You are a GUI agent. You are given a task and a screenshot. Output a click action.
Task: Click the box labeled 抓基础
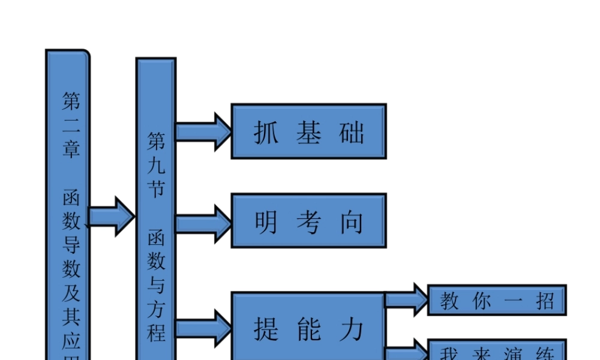(x=308, y=131)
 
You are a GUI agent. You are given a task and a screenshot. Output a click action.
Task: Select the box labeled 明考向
(x=308, y=221)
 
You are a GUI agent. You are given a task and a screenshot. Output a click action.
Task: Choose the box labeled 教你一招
(x=496, y=300)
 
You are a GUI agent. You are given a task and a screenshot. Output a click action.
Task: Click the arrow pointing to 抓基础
(x=203, y=131)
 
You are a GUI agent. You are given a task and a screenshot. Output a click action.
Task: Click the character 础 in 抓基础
(x=352, y=133)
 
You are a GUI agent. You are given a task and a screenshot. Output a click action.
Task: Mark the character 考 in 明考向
(x=308, y=222)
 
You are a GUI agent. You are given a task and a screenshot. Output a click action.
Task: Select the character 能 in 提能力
(x=308, y=329)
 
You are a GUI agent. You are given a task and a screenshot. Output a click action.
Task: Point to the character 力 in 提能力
(x=352, y=329)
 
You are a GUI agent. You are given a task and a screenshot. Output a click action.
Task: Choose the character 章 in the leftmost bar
(x=71, y=148)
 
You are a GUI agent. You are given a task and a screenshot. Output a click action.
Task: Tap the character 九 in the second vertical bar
(x=156, y=166)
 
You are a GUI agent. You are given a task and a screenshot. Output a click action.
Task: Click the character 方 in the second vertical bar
(x=156, y=308)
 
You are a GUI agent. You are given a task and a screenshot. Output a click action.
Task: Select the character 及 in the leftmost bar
(x=71, y=292)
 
